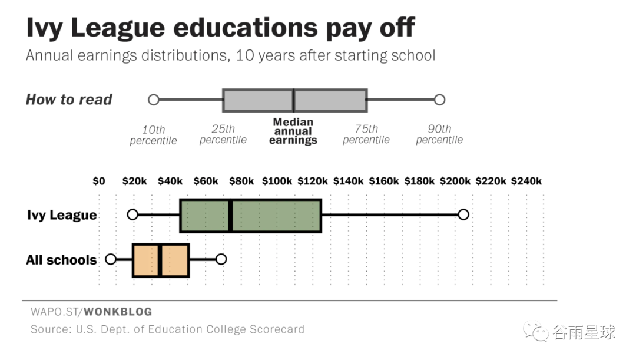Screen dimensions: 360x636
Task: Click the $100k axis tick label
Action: click(x=277, y=181)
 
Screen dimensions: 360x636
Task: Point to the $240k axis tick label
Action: click(x=526, y=181)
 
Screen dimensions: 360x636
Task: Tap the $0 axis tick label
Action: click(x=99, y=181)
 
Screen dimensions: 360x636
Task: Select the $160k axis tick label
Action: click(x=384, y=181)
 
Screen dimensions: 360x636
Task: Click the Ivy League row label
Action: click(x=62, y=215)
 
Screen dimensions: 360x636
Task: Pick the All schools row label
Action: click(x=61, y=260)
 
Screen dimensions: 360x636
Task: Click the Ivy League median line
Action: click(x=230, y=216)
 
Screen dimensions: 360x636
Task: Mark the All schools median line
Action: click(x=160, y=260)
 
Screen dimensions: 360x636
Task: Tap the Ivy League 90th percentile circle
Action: click(x=463, y=214)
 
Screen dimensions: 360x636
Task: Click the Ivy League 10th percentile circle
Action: click(x=132, y=214)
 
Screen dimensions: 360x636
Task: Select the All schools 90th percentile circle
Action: click(x=221, y=259)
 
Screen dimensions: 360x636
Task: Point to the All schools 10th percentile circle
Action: click(x=111, y=259)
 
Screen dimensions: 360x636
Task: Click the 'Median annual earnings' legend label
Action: click(x=293, y=131)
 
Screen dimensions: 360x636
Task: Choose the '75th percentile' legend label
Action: click(x=366, y=134)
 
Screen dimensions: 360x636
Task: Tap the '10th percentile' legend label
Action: click(x=153, y=135)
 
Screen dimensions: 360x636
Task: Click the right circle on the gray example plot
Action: click(x=439, y=100)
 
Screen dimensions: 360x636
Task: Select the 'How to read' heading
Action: click(x=69, y=100)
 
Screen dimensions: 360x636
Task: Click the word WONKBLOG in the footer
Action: click(x=118, y=312)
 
